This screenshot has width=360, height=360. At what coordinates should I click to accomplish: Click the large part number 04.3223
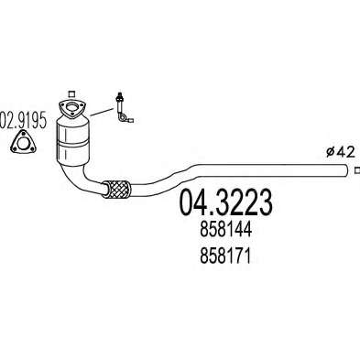click(225, 202)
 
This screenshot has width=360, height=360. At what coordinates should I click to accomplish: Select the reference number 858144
click(226, 230)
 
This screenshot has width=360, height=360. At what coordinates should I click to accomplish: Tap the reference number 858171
click(225, 256)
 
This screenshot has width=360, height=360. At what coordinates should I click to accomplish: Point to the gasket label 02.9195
click(23, 119)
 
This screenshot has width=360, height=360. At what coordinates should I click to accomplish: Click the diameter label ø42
click(340, 152)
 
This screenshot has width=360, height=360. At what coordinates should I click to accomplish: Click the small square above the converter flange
click(71, 94)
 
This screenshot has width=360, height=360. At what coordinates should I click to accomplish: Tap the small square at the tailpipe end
click(357, 170)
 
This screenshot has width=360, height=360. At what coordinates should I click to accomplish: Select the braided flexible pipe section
click(116, 189)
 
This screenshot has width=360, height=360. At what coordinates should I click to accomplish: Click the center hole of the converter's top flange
click(72, 107)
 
